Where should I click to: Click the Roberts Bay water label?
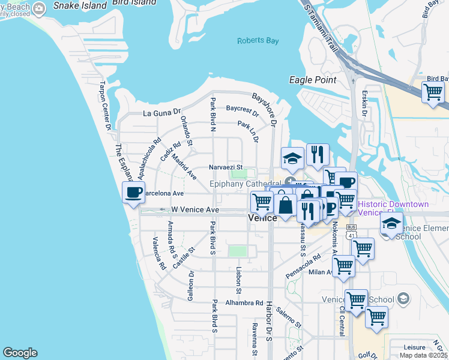258,41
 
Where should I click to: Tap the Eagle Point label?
312,80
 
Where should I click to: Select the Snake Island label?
79,5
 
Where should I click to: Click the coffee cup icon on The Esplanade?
134,192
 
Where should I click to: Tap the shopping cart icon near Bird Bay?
432,92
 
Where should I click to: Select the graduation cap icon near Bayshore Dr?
292,158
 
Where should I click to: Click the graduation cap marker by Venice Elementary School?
391,224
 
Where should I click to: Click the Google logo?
20,353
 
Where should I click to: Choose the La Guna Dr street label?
161,112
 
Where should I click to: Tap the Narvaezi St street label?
225,167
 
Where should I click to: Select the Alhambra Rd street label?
244,303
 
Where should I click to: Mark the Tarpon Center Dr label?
105,106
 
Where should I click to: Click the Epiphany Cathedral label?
245,184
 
